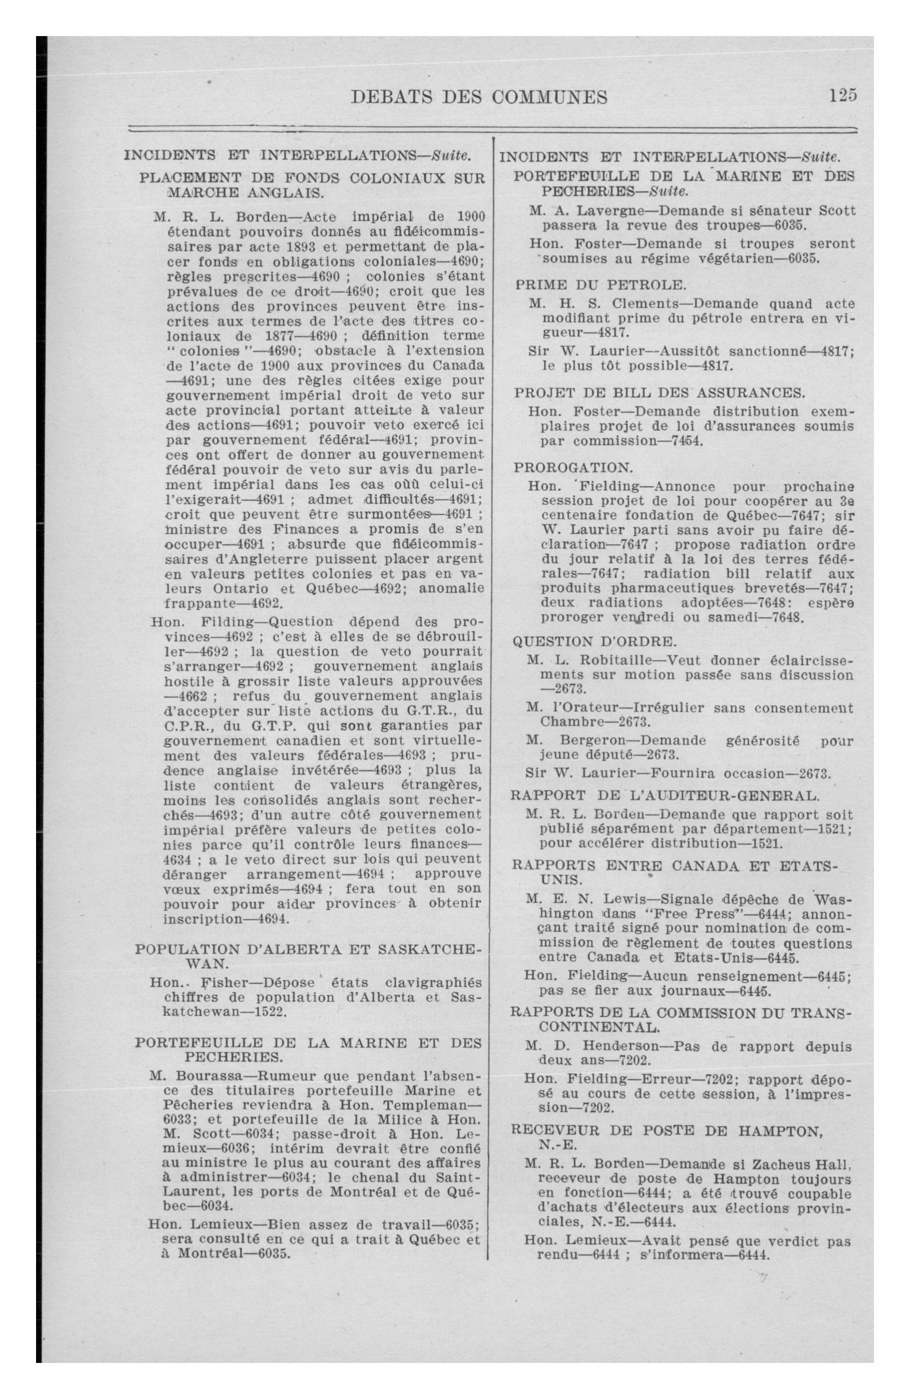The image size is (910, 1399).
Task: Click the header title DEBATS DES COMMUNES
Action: tap(479, 97)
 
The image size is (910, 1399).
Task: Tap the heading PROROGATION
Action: tap(573, 468)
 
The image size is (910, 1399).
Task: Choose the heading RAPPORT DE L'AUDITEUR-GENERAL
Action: tap(664, 796)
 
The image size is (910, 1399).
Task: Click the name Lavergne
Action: tap(608, 210)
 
